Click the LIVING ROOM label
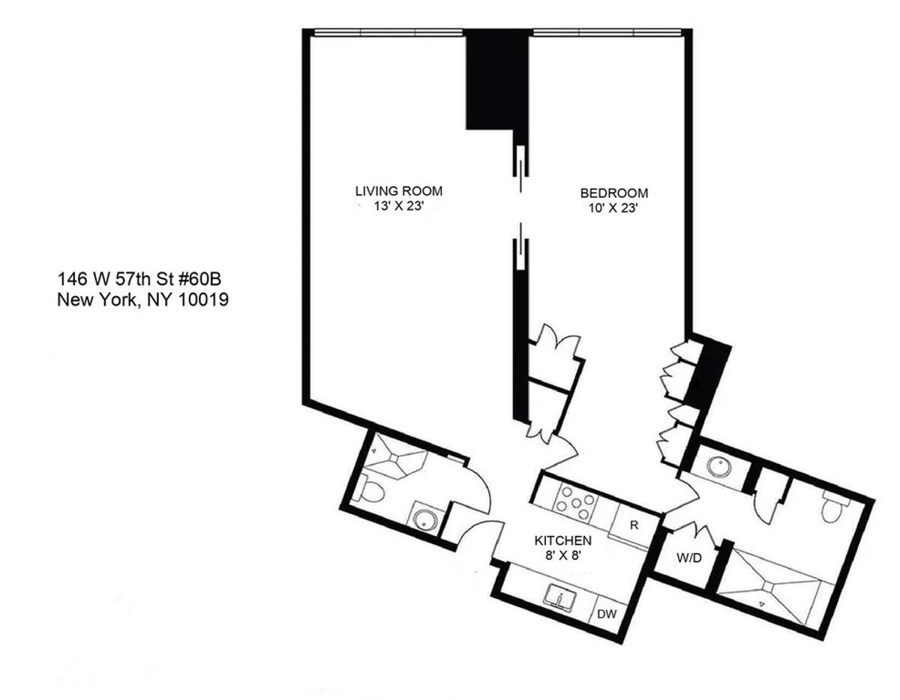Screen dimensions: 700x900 399,191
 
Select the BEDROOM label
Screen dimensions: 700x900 613,193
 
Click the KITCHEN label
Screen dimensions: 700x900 563,540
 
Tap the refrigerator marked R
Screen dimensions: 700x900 634,524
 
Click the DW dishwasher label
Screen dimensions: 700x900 607,615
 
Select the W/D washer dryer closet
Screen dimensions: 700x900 688,558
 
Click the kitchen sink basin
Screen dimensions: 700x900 559,597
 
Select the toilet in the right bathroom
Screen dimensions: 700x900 832,510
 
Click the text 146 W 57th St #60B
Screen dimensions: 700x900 138,280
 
